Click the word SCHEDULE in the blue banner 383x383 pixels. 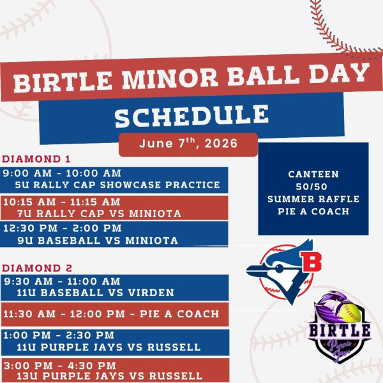pos(191,116)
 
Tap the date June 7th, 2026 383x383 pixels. pos(188,143)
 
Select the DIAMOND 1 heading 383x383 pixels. pos(36,159)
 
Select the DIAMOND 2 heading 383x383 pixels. pos(37,268)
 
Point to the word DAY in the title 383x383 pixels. pos(340,73)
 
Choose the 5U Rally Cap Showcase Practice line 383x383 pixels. pos(117,184)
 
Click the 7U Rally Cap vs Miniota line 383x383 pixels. pos(99,213)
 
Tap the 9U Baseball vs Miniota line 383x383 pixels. pos(98,241)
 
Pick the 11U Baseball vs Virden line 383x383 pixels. pos(95,292)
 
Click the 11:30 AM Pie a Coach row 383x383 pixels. pos(111,314)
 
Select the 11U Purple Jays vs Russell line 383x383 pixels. pos(109,347)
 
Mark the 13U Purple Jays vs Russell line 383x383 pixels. pos(109,376)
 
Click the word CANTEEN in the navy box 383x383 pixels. pos(313,174)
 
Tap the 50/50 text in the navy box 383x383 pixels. pos(312,186)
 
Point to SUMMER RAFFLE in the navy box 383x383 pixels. pos(313,199)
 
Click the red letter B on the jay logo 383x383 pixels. pos(311,261)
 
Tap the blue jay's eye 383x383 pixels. pos(279,269)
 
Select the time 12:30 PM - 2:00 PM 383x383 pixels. pos(63,228)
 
